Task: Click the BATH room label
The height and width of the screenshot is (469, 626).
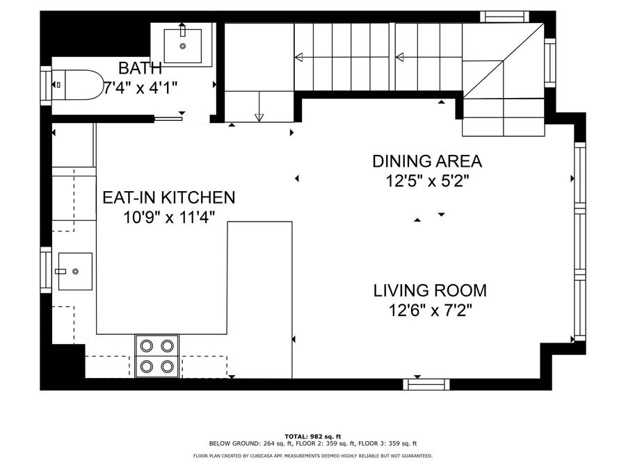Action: coord(140,68)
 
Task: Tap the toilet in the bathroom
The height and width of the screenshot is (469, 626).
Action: coord(77,85)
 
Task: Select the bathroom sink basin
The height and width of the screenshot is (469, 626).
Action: coord(183,46)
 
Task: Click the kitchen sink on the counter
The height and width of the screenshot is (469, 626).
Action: coord(75,271)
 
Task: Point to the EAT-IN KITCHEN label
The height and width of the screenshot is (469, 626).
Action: coord(169,198)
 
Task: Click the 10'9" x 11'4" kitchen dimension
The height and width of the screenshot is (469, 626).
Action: coord(169,217)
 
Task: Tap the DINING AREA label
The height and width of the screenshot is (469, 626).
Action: coord(427,161)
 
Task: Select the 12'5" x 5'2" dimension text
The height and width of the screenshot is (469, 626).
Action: coord(427,181)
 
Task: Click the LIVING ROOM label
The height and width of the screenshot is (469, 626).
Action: coord(430,290)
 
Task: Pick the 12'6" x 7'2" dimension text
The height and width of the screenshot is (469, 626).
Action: coord(431,311)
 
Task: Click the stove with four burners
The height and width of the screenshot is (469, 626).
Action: coord(157,356)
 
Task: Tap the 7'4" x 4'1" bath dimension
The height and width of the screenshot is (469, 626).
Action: coord(140,88)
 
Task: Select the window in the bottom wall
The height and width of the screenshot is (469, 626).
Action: coord(426,384)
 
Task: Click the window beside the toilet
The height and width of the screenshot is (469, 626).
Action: coord(46,85)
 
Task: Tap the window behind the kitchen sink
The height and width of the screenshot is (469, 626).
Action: coord(46,270)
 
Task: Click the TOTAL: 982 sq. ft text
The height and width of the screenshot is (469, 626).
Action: coord(313,436)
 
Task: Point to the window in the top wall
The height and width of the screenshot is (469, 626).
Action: coord(505,17)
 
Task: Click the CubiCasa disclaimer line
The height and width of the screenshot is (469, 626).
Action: coord(312,455)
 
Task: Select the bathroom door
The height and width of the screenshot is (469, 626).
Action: coord(168,118)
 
